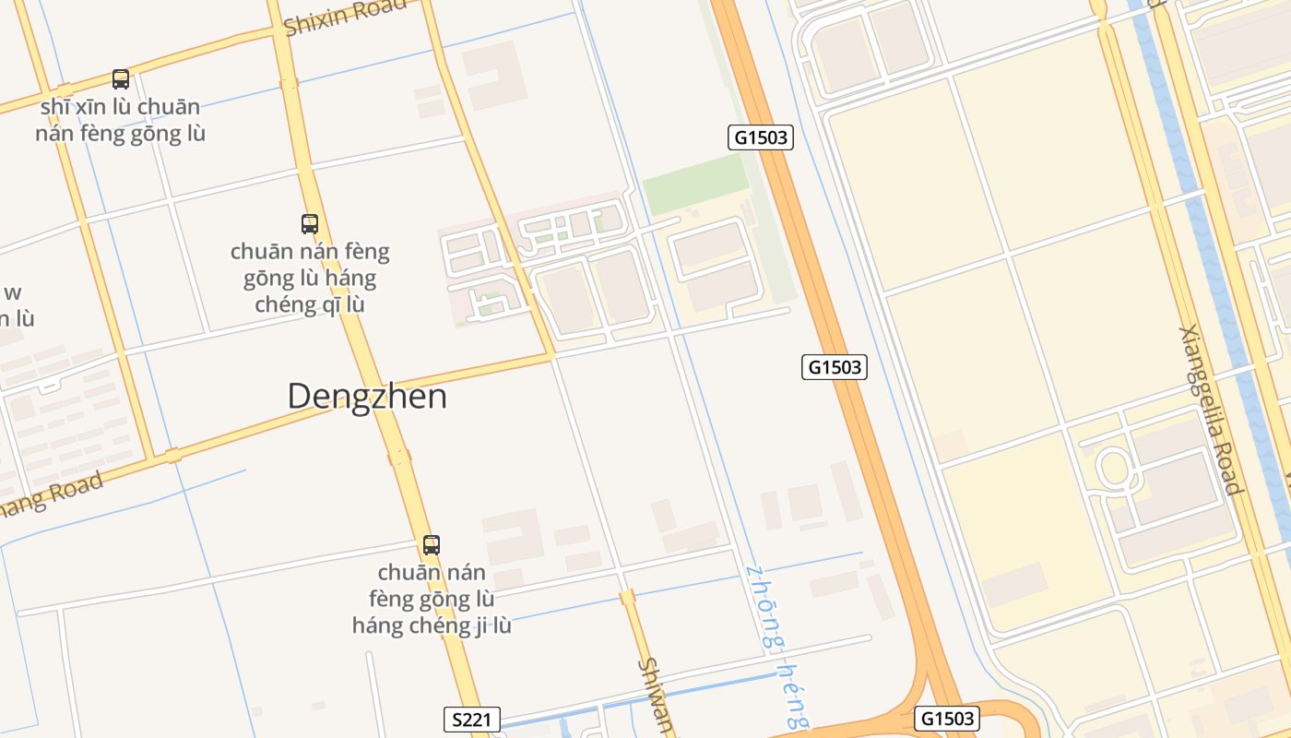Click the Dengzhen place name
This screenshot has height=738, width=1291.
coord(367,397)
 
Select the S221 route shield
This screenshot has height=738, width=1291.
coord(472,720)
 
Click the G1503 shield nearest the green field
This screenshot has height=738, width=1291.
coord(761,138)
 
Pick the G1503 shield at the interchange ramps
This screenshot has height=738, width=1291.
coord(947,718)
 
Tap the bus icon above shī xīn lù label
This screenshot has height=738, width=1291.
coord(121,79)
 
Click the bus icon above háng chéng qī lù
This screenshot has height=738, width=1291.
coord(310,223)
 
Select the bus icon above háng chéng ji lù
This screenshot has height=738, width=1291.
coord(432,544)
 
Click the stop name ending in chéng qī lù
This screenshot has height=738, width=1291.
coord(310,278)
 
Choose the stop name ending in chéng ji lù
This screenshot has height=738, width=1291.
coord(432,599)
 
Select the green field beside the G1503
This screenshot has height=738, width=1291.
coord(696,184)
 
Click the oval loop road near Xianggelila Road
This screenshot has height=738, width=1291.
coord(1114,468)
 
